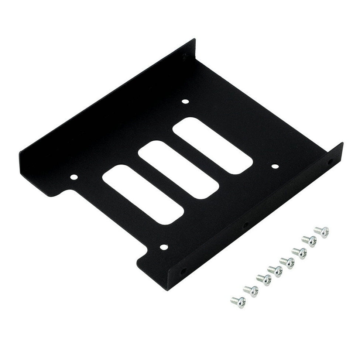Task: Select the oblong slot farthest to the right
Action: (x=213, y=145)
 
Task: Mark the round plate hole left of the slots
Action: (x=74, y=178)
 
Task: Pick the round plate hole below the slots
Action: (x=163, y=246)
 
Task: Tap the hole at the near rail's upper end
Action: (x=330, y=162)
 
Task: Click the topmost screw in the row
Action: (x=321, y=232)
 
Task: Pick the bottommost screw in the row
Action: (x=238, y=302)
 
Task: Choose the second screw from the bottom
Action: (x=251, y=291)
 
